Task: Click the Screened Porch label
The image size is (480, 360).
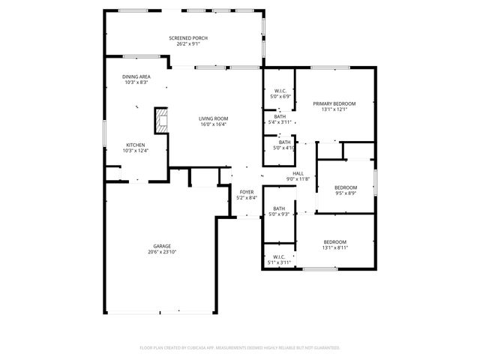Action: (x=187, y=37)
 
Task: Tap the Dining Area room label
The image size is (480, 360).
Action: (x=136, y=76)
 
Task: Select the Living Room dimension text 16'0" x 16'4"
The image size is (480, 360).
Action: (x=214, y=124)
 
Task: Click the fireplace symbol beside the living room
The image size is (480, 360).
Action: (x=160, y=120)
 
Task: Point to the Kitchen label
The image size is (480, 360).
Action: (x=135, y=145)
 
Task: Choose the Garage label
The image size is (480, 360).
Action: (x=162, y=246)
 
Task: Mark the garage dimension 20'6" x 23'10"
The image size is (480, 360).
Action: (x=162, y=252)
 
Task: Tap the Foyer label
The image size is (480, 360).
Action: (x=247, y=192)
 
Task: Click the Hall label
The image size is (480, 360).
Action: (x=298, y=172)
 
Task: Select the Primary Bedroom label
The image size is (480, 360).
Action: (x=334, y=103)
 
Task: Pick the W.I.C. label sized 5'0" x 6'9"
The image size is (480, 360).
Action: (x=280, y=91)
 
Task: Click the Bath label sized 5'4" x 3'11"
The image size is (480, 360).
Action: (x=280, y=116)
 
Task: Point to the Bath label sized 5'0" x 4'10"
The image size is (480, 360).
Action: (x=284, y=142)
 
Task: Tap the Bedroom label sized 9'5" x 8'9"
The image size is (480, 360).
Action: (x=345, y=187)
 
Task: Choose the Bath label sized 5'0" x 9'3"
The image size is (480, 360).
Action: (x=279, y=208)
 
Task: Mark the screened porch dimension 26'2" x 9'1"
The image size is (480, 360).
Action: (x=187, y=43)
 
